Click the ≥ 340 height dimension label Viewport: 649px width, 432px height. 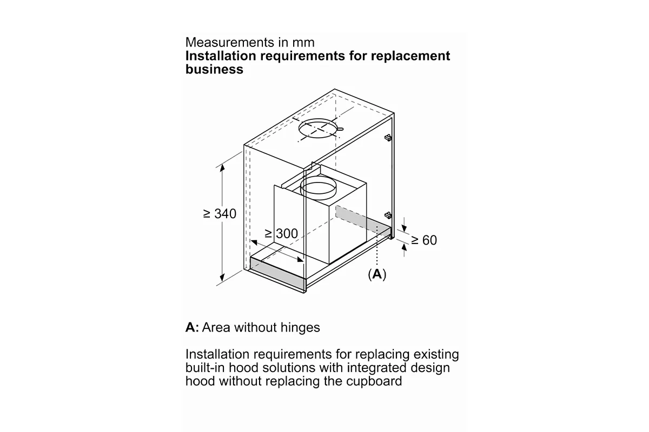[x=220, y=214]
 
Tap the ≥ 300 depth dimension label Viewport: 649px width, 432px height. [x=281, y=233]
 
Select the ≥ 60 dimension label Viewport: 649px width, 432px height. [x=424, y=240]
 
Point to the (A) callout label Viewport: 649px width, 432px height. [x=377, y=274]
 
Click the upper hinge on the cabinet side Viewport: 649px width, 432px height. [x=388, y=138]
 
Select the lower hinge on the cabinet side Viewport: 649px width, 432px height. [x=388, y=215]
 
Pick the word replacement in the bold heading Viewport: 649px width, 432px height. [x=410, y=56]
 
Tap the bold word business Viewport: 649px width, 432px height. [x=214, y=70]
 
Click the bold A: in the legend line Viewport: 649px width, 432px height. [x=192, y=328]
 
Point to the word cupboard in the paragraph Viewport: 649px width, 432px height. [x=374, y=381]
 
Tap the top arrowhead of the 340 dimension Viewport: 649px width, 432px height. [x=222, y=168]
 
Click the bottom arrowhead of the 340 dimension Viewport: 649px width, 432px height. [x=222, y=277]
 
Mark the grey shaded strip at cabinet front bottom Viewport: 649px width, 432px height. [x=277, y=272]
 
